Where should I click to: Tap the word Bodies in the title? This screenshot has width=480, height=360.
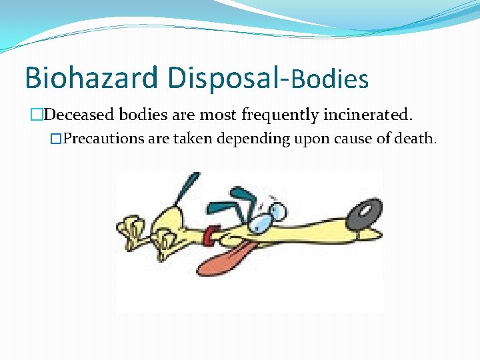(x=329, y=79)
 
